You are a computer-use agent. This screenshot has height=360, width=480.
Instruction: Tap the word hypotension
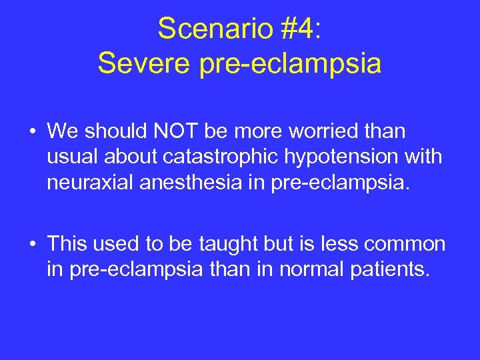pyautogui.click(x=336, y=157)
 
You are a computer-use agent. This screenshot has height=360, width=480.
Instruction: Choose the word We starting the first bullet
pyautogui.click(x=62, y=131)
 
